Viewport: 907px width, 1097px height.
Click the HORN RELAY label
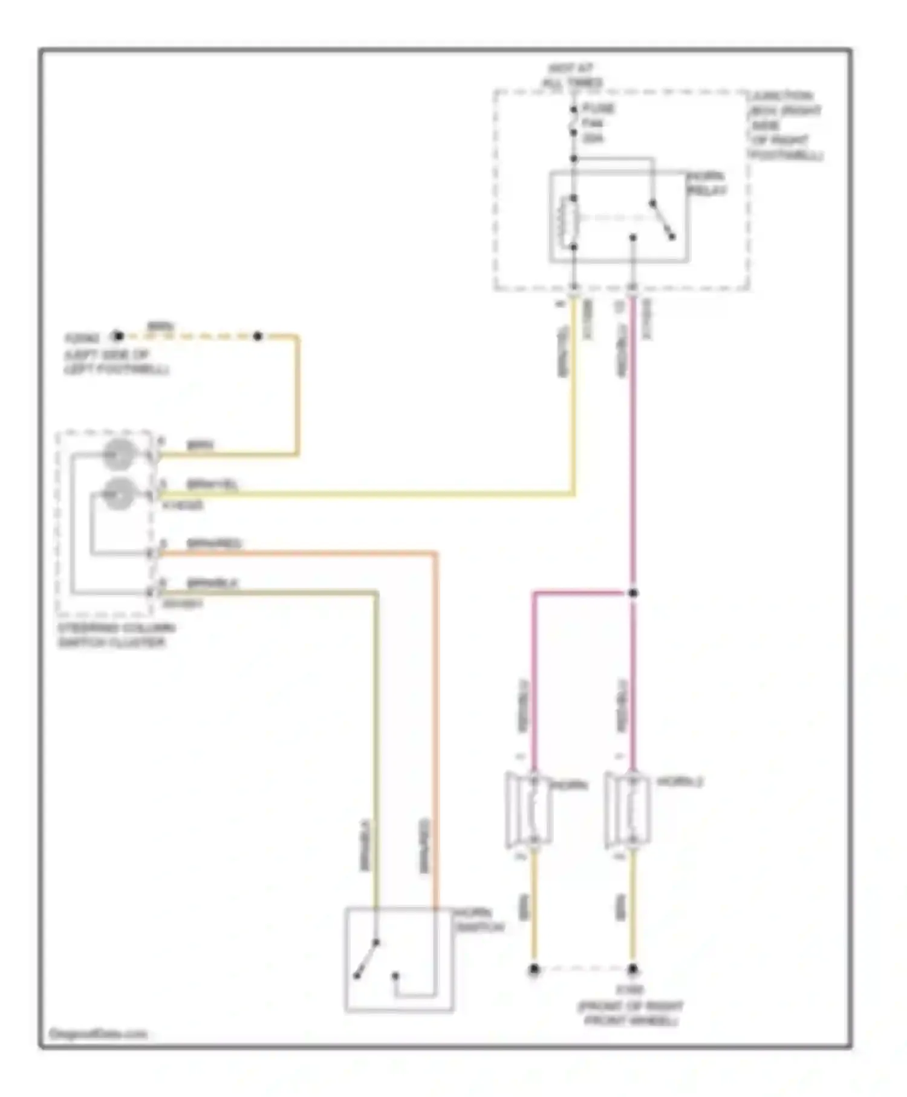(706, 183)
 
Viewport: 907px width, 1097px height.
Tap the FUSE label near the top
(597, 109)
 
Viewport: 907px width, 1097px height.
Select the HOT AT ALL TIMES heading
(572, 76)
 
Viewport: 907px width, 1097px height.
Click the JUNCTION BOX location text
(785, 125)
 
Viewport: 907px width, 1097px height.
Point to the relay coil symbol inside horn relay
(569, 223)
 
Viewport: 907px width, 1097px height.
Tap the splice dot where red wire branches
(632, 593)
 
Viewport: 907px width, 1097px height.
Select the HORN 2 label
(680, 782)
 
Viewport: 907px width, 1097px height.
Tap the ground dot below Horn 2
(632, 969)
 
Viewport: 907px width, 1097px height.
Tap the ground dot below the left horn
(534, 969)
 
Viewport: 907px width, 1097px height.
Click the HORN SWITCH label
(479, 920)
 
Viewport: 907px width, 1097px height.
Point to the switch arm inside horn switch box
(367, 959)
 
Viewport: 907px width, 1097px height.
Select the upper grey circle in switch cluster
(119, 455)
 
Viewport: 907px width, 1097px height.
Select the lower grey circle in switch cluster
(119, 494)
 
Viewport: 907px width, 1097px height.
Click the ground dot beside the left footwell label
(118, 336)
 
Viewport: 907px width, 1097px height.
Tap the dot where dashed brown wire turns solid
(258, 336)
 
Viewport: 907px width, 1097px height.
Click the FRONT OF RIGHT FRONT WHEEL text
(630, 1014)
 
